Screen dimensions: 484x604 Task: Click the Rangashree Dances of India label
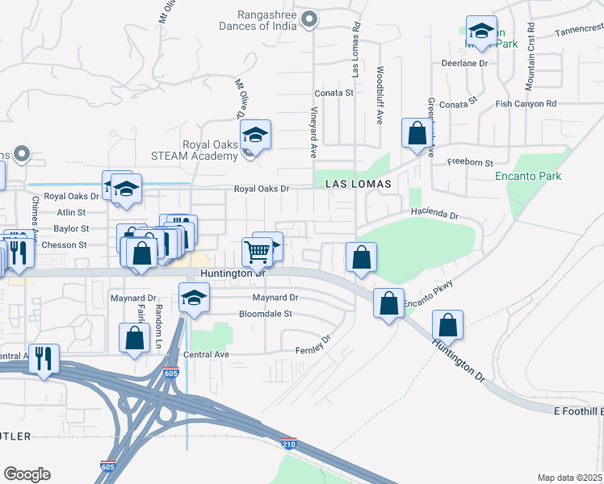pyautogui.click(x=256, y=19)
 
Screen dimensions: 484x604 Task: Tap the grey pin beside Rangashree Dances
pyautogui.click(x=308, y=19)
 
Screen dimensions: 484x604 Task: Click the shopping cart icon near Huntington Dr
pyautogui.click(x=257, y=252)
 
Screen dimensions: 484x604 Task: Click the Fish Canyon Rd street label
pyautogui.click(x=526, y=104)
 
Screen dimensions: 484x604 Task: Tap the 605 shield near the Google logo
pyautogui.click(x=107, y=466)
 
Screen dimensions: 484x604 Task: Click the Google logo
pyautogui.click(x=27, y=474)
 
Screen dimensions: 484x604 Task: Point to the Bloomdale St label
pyautogui.click(x=265, y=314)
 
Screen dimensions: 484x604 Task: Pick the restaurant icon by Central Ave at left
pyautogui.click(x=44, y=357)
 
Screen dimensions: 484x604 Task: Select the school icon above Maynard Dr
pyautogui.click(x=194, y=299)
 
